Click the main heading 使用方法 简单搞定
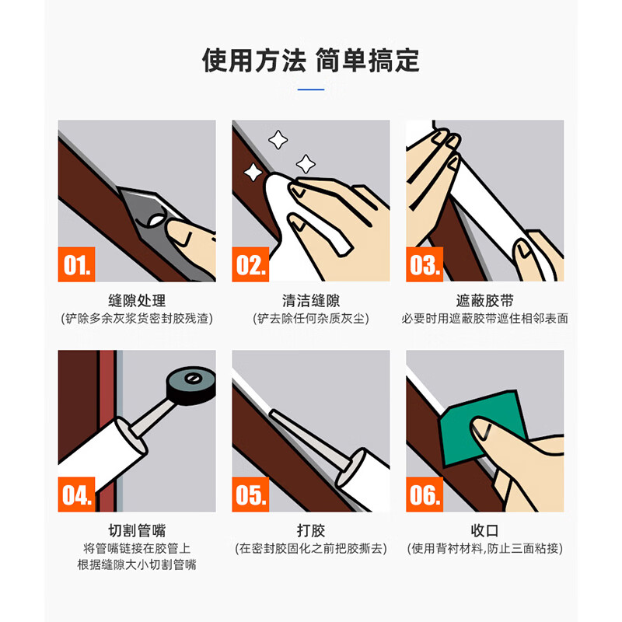click(310, 60)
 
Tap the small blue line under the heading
click(310, 89)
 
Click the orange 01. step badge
click(77, 264)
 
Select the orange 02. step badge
click(251, 264)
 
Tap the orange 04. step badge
click(77, 494)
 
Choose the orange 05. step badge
click(251, 494)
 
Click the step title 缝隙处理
click(137, 301)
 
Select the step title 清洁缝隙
click(311, 301)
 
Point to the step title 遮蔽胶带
click(484, 301)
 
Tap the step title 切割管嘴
click(137, 531)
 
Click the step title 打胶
click(311, 531)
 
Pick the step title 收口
click(484, 531)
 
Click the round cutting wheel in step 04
click(189, 381)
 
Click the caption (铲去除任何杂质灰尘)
click(311, 319)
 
